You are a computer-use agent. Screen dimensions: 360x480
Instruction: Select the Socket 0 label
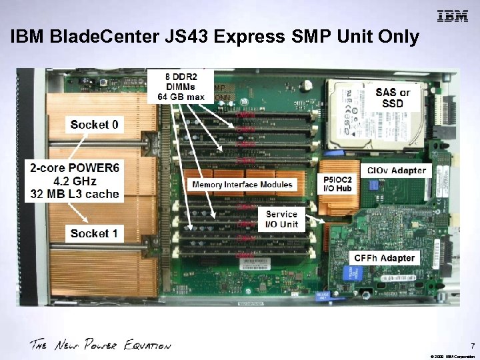[95, 124]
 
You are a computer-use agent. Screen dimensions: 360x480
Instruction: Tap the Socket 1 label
[94, 233]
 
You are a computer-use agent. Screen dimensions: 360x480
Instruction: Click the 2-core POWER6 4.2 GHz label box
[75, 181]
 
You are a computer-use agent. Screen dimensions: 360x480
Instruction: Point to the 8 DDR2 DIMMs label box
[181, 85]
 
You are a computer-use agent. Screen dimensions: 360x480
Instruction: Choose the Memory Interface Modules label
[242, 185]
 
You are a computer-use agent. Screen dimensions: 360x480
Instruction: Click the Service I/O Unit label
[282, 219]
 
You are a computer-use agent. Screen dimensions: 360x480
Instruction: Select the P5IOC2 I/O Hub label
[339, 184]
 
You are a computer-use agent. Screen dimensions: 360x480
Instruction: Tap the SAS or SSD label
[393, 97]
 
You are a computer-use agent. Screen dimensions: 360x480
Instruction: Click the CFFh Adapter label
[385, 258]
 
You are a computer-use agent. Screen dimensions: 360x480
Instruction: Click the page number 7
[472, 346]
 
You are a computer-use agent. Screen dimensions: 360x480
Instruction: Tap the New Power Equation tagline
[100, 345]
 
